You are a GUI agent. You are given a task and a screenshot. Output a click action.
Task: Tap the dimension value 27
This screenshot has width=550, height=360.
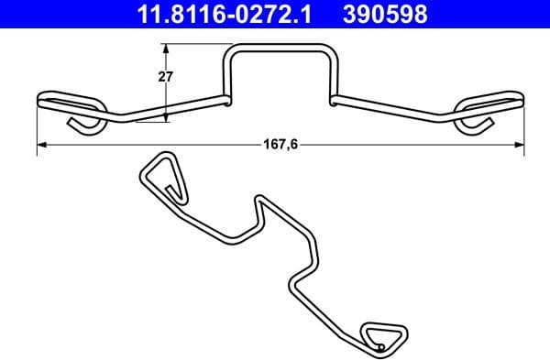(166, 78)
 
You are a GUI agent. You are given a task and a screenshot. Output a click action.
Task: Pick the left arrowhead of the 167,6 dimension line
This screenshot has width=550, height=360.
(40, 145)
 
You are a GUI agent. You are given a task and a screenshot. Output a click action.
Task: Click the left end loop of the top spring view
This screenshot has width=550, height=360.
(70, 100)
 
